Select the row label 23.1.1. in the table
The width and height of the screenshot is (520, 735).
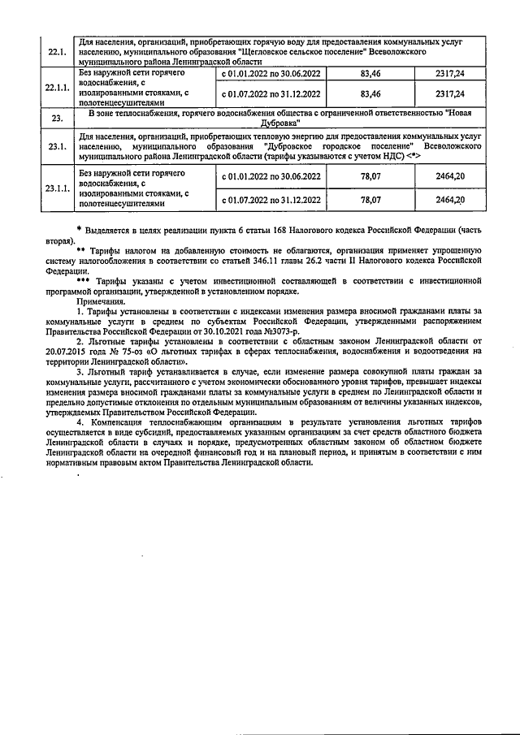click(x=57, y=188)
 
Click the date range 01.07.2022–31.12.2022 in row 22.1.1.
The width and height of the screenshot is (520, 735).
click(x=271, y=93)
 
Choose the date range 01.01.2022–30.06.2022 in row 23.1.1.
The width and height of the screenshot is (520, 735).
click(x=271, y=175)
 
